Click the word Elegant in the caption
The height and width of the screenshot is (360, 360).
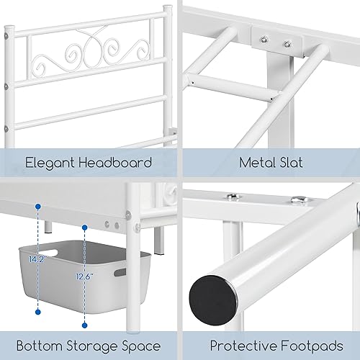48,163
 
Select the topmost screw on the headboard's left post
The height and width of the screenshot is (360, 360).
8,45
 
